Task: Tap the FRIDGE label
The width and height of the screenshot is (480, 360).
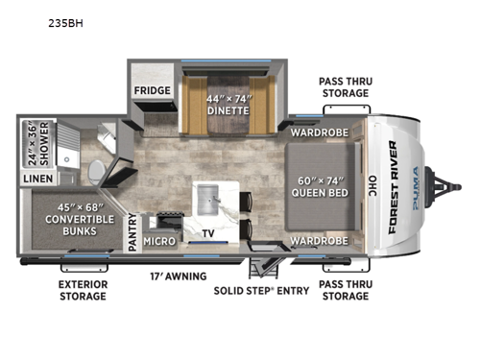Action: point(153,91)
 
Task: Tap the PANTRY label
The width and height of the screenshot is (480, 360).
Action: point(132,235)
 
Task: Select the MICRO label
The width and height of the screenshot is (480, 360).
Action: point(159,241)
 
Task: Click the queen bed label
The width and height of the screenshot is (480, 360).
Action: point(320,181)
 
